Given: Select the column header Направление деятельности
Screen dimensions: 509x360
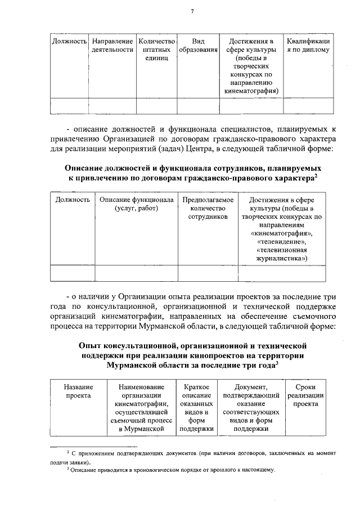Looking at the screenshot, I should [112, 46].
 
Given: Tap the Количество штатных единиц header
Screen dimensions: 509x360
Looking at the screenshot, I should [156, 50].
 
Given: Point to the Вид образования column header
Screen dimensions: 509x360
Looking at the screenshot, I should [198, 46].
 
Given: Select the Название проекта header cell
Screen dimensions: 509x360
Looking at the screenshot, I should [78, 391].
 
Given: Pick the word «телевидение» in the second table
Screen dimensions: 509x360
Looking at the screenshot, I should [281, 242].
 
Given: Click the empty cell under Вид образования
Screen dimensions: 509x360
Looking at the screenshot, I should [198, 106].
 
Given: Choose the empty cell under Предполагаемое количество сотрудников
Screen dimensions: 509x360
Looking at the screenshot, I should [204, 272].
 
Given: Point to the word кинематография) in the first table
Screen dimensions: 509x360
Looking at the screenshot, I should [251, 90].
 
